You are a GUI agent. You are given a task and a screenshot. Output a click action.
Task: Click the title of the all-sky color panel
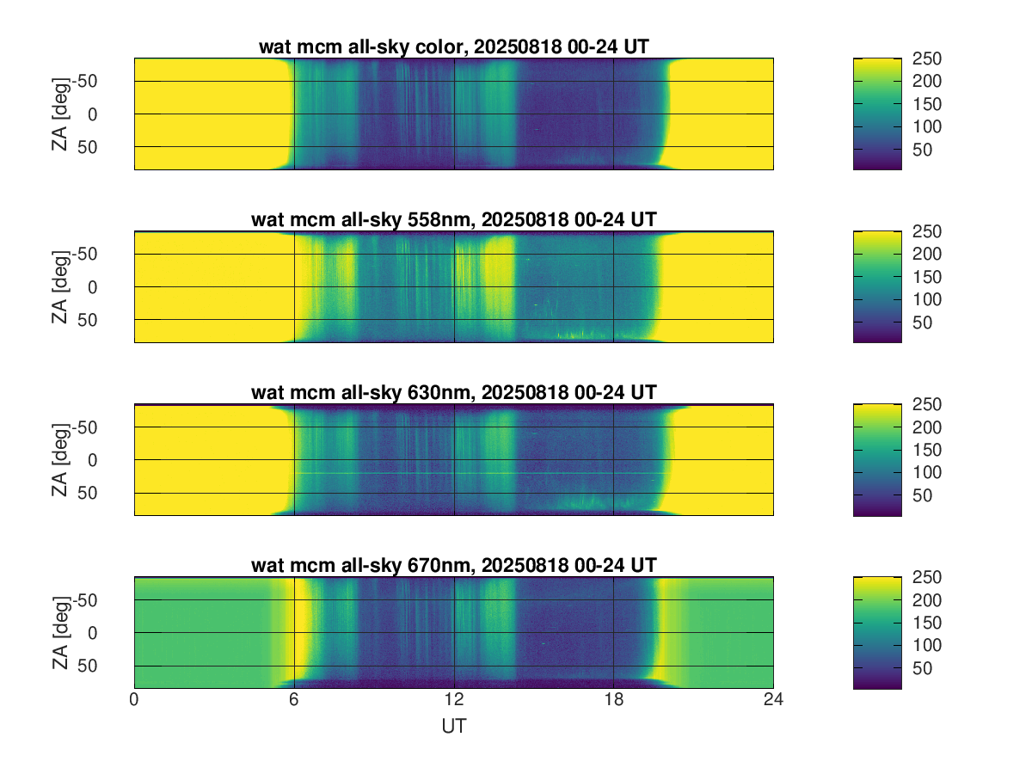[x=453, y=48]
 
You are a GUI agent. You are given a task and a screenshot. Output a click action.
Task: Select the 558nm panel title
[x=453, y=220]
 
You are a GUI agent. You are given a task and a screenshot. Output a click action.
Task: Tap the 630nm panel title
[x=453, y=393]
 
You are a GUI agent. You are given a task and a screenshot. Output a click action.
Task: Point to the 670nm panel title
[x=453, y=565]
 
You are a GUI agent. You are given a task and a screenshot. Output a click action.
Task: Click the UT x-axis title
[x=453, y=727]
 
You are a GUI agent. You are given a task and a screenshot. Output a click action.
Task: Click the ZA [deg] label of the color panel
[x=59, y=114]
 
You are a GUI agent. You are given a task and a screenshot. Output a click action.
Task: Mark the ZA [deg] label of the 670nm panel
[x=59, y=632]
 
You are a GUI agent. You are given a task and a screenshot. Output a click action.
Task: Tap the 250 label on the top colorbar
[x=927, y=58]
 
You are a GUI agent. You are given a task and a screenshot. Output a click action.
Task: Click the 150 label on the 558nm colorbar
[x=927, y=277]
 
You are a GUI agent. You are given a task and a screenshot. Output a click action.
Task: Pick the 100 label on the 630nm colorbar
[x=927, y=473]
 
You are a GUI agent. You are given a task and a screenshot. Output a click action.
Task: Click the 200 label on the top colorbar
[x=927, y=82]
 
